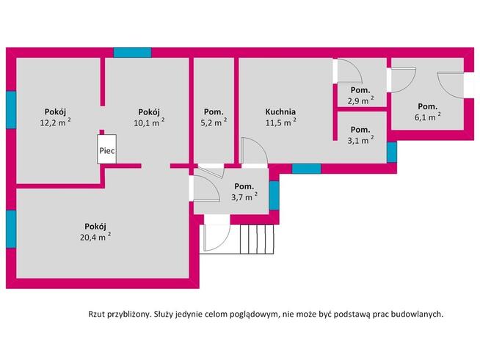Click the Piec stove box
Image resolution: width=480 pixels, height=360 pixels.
(x=107, y=150)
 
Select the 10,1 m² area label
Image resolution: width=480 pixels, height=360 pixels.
(x=149, y=123)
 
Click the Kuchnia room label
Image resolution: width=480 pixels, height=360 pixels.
(x=280, y=112)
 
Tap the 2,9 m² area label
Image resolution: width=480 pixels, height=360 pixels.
(x=361, y=98)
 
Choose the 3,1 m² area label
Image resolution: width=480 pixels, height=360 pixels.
(x=361, y=139)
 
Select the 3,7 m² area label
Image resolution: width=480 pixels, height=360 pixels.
(x=244, y=196)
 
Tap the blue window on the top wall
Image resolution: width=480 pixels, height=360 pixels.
(x=132, y=53)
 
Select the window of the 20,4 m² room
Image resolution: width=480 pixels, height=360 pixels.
(x=11, y=228)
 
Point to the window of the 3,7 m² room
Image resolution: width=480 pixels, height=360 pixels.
(x=274, y=195)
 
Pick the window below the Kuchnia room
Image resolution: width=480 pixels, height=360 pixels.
(x=306, y=169)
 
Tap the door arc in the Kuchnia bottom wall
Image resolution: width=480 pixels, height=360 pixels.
(x=254, y=152)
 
